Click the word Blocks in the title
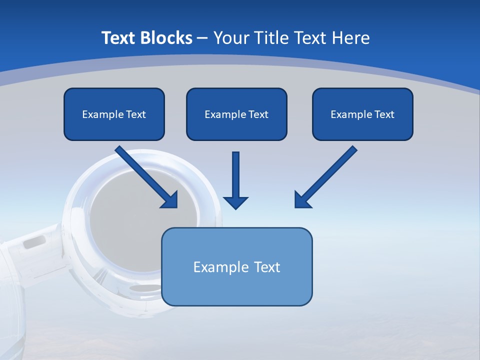[x=165, y=38]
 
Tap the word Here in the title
[x=351, y=38]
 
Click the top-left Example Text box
[x=114, y=114]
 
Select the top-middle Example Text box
[x=236, y=114]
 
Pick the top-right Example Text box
[x=362, y=114]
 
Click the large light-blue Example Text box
[x=236, y=266]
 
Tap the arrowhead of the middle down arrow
[x=235, y=201]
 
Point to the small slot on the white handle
[x=34, y=243]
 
